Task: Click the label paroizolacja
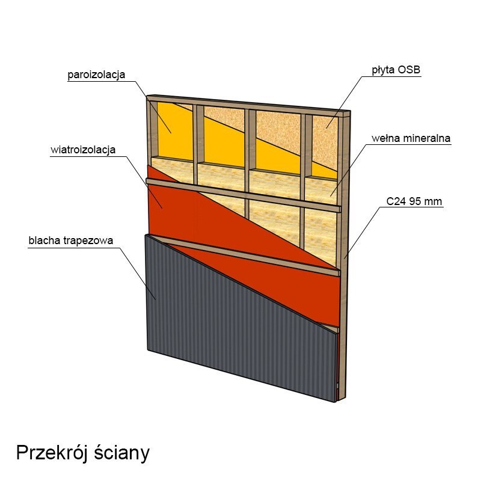tap(96, 75)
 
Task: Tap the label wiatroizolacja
tap(83, 150)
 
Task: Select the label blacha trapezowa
tap(71, 240)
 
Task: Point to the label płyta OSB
tap(396, 70)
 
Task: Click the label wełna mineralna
tap(411, 138)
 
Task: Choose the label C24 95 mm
tap(414, 201)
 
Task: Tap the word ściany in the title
tap(122, 453)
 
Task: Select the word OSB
tap(409, 70)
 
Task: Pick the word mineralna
tap(427, 138)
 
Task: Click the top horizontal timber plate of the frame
tap(248, 103)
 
